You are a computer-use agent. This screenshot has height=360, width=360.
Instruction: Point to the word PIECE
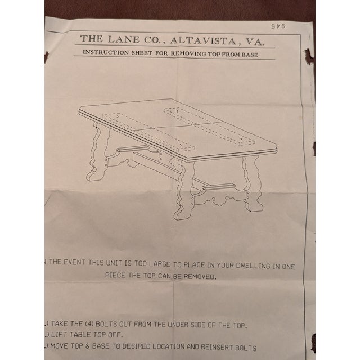[x=117, y=276]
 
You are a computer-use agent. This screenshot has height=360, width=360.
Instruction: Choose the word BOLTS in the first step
[x=116, y=324]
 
